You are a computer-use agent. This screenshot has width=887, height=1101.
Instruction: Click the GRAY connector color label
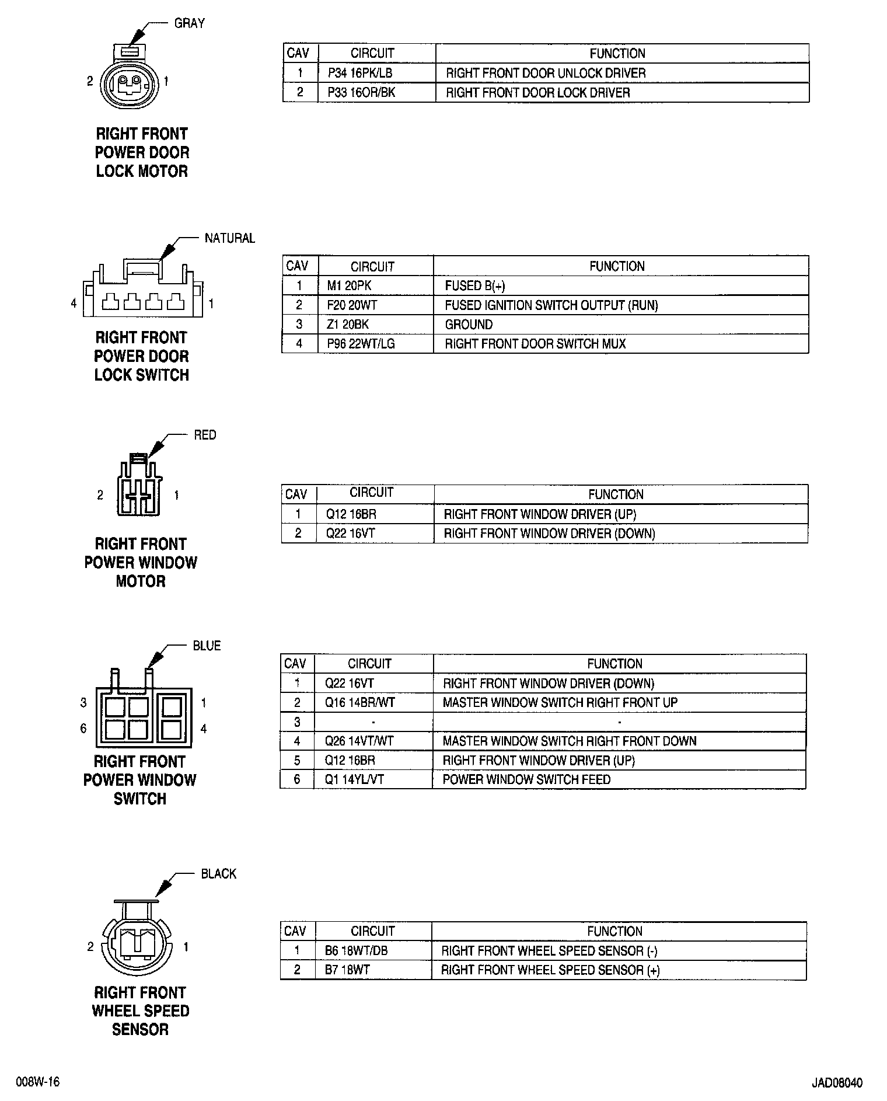coord(189,23)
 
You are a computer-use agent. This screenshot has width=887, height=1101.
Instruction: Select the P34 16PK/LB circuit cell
coord(359,73)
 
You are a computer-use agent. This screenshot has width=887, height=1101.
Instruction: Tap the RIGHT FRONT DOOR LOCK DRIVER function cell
coord(537,92)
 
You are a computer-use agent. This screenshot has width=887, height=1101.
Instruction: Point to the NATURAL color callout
coord(229,238)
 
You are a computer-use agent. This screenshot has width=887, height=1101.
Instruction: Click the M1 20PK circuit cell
coord(349,285)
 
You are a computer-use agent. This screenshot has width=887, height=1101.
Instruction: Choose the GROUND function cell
coord(469,325)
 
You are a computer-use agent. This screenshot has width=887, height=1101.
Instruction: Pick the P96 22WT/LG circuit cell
coord(361,344)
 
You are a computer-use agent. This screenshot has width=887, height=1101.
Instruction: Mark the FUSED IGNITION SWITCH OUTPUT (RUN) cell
coord(551,305)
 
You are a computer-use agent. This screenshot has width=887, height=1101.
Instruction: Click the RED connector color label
coord(205,435)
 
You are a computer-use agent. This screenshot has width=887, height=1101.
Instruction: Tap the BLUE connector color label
coord(207,646)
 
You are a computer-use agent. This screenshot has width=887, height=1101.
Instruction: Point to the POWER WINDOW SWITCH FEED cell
coord(526,779)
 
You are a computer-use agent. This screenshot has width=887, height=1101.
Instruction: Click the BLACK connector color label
coord(218,874)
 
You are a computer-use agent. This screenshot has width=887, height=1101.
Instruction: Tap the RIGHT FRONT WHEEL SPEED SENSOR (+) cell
coord(550,970)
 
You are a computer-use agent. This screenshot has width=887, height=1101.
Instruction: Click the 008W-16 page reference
coord(38,1082)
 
